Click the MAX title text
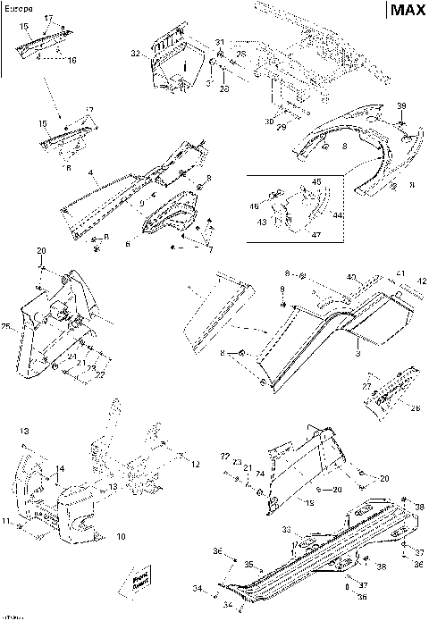point(406,11)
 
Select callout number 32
point(136,55)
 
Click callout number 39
point(401,106)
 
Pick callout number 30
point(269,122)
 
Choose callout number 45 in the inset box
point(315,181)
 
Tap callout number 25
point(8,327)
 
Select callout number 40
point(351,277)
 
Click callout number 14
point(60,469)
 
